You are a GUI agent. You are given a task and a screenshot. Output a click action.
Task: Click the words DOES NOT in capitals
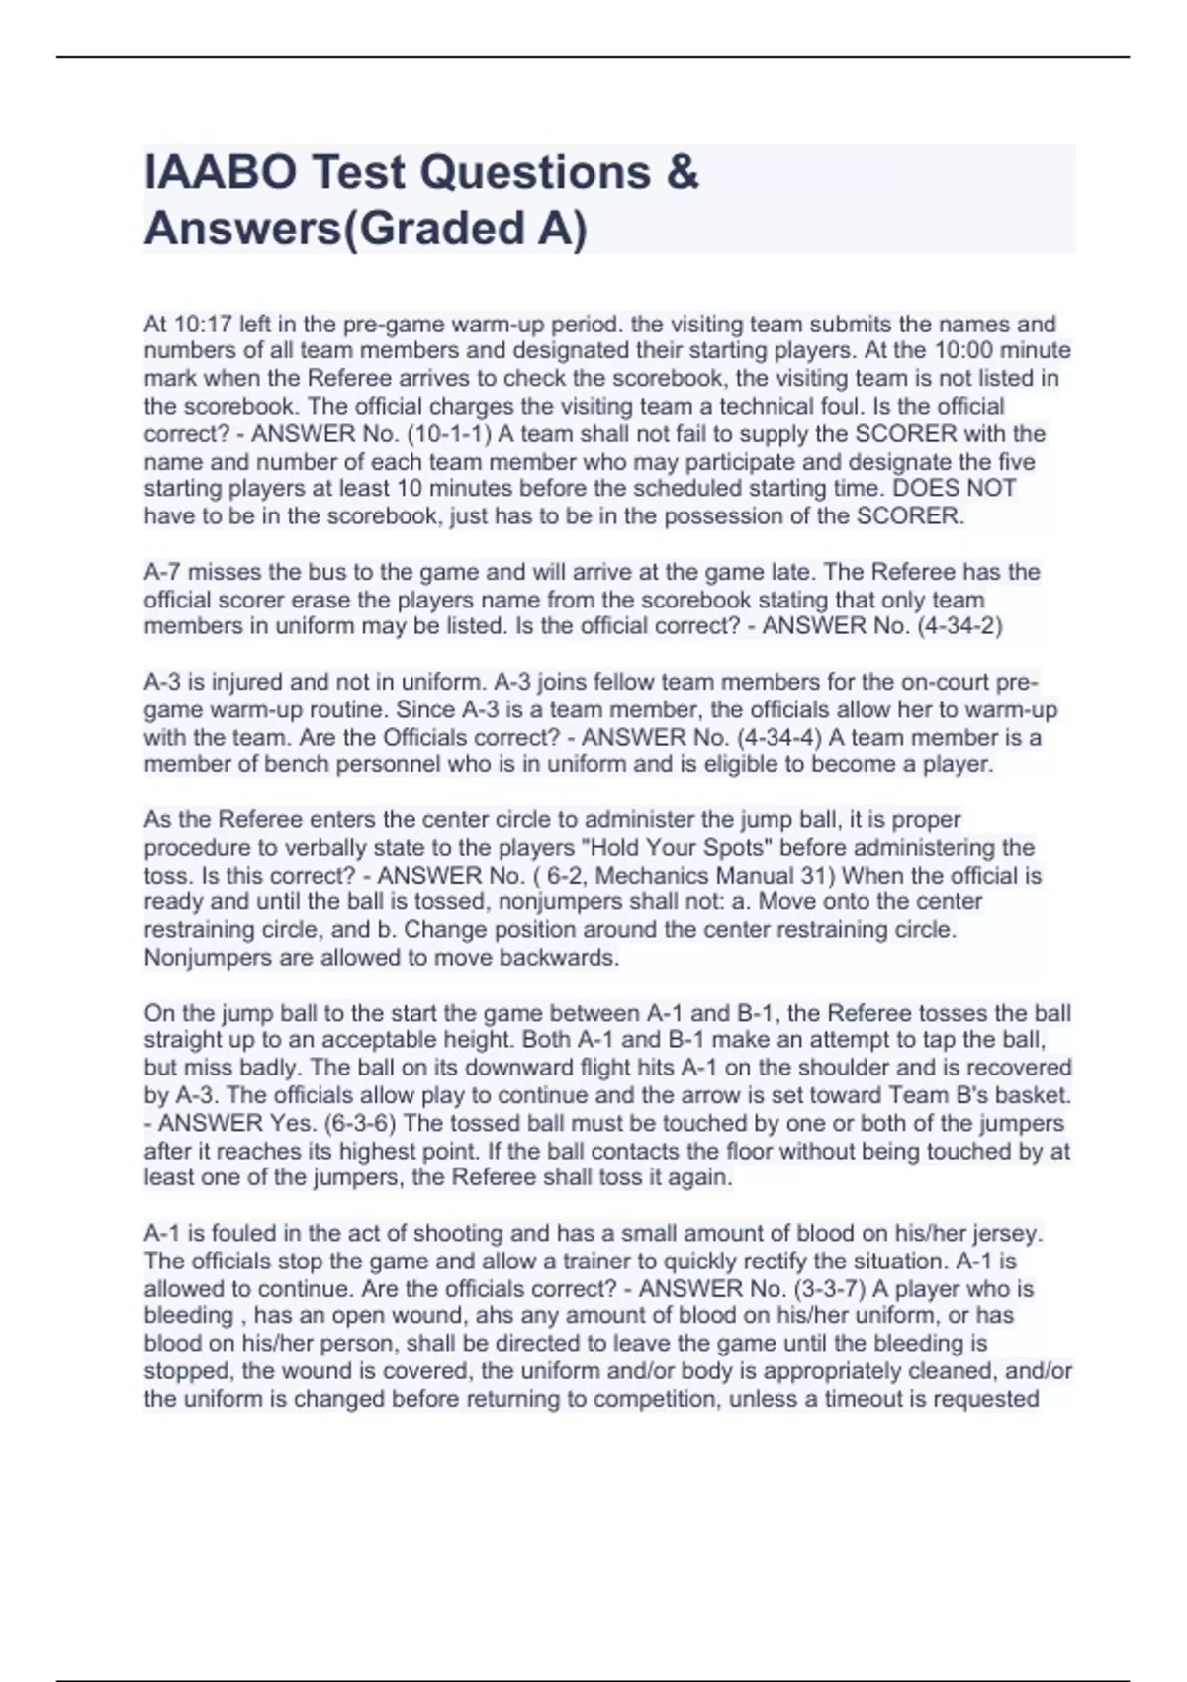955,489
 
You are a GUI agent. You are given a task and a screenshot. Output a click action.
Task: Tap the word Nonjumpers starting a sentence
203,958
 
